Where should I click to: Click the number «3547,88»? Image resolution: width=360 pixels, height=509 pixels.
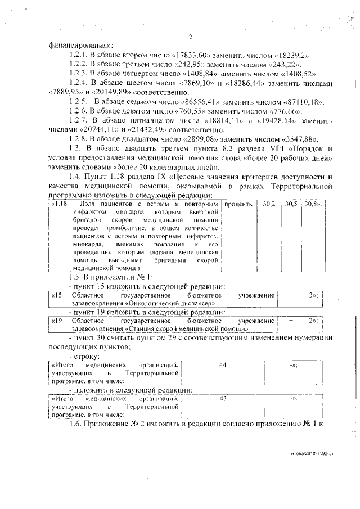[x=299, y=138]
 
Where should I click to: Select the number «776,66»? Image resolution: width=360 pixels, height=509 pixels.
[x=266, y=111]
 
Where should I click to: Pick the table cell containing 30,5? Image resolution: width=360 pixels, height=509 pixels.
[x=290, y=203]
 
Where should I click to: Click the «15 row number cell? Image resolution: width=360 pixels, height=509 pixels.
[x=57, y=295]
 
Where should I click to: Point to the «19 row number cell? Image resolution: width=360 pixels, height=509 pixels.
[x=57, y=321]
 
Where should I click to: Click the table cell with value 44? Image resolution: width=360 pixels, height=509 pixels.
[x=223, y=366]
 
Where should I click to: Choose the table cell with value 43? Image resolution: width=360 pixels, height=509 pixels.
[x=223, y=399]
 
